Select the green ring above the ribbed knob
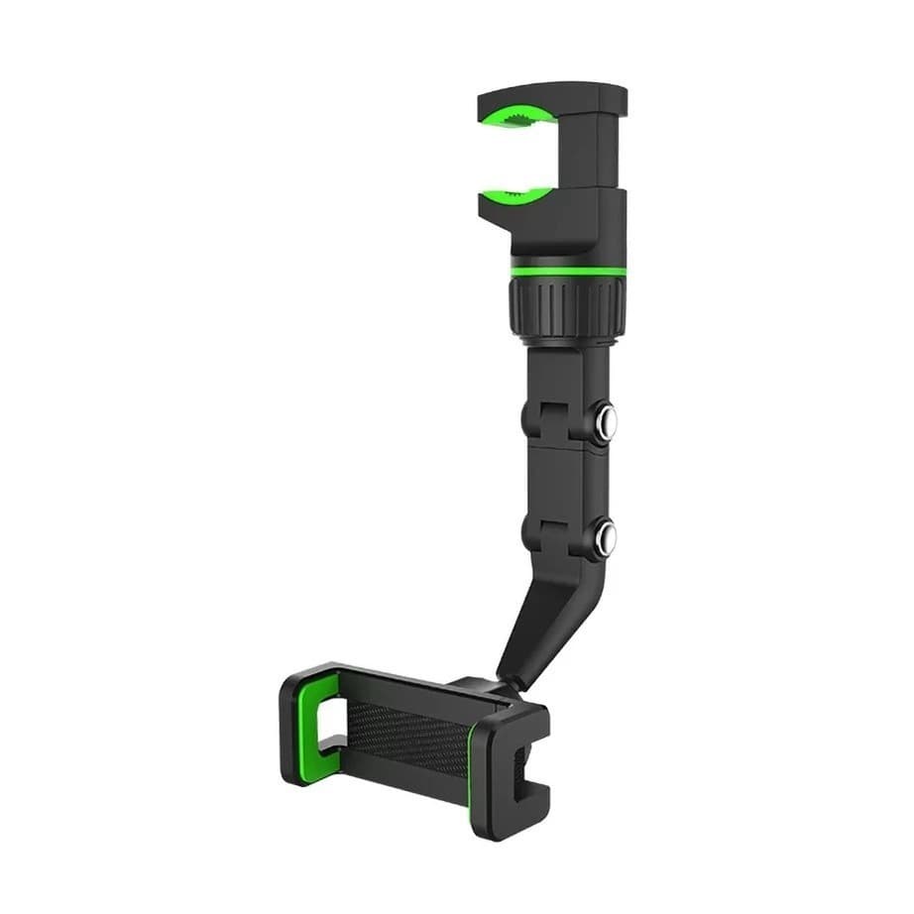[x=569, y=270]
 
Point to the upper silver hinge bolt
[x=606, y=422]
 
